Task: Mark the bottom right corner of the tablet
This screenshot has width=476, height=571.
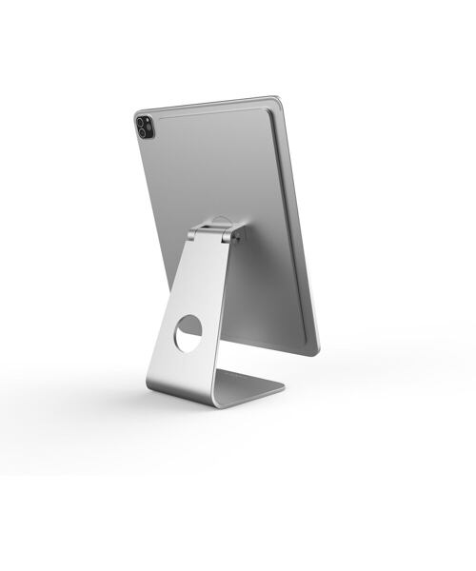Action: (x=317, y=353)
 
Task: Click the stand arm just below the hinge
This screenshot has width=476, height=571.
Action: (x=205, y=262)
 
